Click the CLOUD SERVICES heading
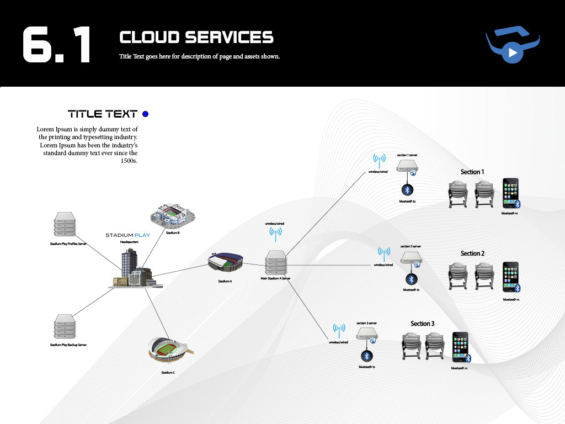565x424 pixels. [196, 37]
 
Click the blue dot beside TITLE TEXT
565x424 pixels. [146, 114]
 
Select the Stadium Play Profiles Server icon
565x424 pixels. [64, 225]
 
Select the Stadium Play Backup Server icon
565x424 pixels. [64, 326]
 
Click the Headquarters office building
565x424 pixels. [134, 268]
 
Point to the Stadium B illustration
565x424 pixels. [173, 215]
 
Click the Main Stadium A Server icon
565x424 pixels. [275, 263]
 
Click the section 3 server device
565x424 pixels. [366, 334]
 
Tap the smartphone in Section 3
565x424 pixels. [460, 347]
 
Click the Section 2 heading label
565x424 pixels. [472, 253]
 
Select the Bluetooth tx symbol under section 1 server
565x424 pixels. [407, 190]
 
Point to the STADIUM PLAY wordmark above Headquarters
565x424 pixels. [127, 235]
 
